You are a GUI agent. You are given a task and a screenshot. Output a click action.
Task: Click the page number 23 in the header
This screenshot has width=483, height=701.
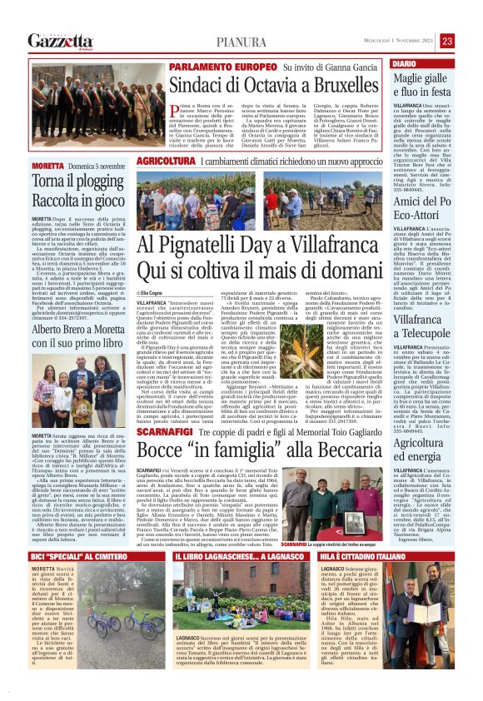click(471, 40)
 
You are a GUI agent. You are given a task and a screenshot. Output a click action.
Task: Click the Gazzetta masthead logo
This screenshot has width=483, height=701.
click(60, 40)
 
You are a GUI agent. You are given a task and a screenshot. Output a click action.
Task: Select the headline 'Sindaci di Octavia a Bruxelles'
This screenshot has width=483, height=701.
click(264, 85)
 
